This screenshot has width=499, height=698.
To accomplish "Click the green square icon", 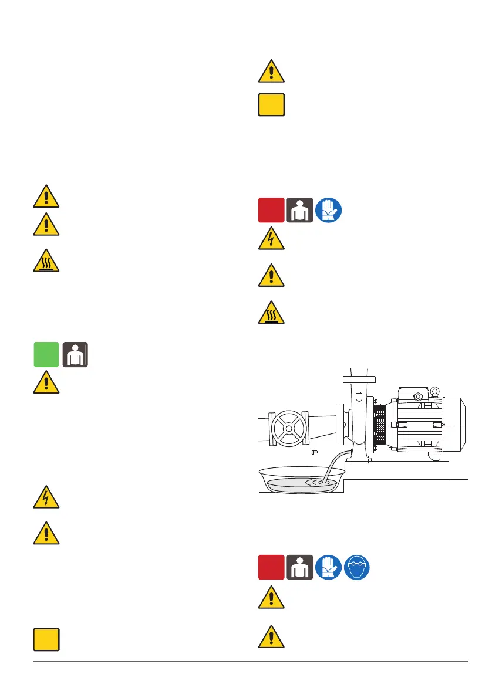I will (46, 355).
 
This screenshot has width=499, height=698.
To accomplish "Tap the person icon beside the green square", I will (75, 355).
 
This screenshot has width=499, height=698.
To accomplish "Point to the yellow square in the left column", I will (46, 639).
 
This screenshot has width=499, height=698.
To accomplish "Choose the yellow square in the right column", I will (271, 106).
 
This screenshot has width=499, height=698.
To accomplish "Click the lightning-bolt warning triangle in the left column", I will (46, 499).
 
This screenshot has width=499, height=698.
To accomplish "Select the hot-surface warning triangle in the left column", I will (46, 258).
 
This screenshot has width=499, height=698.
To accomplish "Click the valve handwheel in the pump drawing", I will (288, 428).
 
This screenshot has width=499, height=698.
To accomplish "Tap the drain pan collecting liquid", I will (299, 482).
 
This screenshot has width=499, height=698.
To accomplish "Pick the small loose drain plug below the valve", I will (315, 452).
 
